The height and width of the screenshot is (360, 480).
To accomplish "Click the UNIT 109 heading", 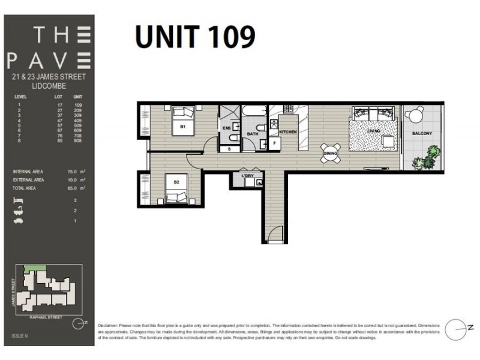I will (x=195, y=37).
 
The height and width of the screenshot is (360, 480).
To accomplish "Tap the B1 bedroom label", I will (x=184, y=127).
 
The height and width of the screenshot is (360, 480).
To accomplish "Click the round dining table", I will (x=331, y=151).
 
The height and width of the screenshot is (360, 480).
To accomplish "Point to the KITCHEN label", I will (x=288, y=131).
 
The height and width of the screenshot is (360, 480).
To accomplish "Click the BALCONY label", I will (x=422, y=133).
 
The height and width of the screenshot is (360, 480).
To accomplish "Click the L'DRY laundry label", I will (x=248, y=175).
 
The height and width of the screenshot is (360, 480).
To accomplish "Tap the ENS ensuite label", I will (x=227, y=128).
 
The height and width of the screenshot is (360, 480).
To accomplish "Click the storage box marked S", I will (x=229, y=148).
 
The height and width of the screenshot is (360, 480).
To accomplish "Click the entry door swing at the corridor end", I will (x=274, y=236).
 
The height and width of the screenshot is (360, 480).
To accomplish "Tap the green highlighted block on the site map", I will (x=29, y=270).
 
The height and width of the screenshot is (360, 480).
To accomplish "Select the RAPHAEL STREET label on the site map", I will (x=47, y=314).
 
